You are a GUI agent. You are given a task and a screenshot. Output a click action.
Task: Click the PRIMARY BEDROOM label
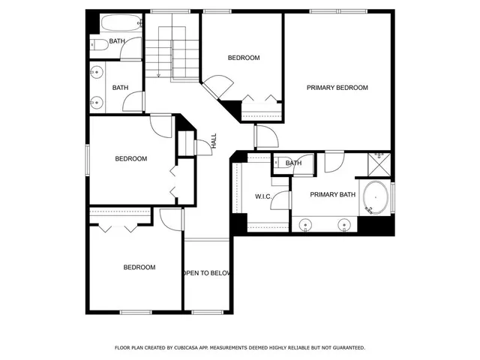(337, 88)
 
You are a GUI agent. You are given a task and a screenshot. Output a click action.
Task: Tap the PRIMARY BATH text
(333, 195)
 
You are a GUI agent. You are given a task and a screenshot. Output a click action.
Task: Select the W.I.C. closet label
(262, 197)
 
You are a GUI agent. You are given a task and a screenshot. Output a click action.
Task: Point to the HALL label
(214, 140)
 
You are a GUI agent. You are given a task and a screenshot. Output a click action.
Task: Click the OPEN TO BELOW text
(206, 273)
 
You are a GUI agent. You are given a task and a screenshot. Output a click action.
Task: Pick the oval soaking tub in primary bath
(375, 199)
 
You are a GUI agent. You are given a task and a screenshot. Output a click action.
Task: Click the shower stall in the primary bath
(379, 162)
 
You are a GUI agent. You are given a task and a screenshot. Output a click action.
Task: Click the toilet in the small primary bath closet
(279, 163)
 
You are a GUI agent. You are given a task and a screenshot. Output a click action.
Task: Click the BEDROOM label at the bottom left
(139, 268)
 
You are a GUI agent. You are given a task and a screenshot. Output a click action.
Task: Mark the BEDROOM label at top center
(244, 58)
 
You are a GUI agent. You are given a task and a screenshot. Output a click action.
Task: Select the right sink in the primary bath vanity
(345, 223)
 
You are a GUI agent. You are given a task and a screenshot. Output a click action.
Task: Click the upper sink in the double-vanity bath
(97, 73)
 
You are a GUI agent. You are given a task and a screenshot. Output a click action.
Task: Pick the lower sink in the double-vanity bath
(97, 102)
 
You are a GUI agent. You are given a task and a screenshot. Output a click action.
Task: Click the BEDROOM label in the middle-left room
(130, 159)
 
